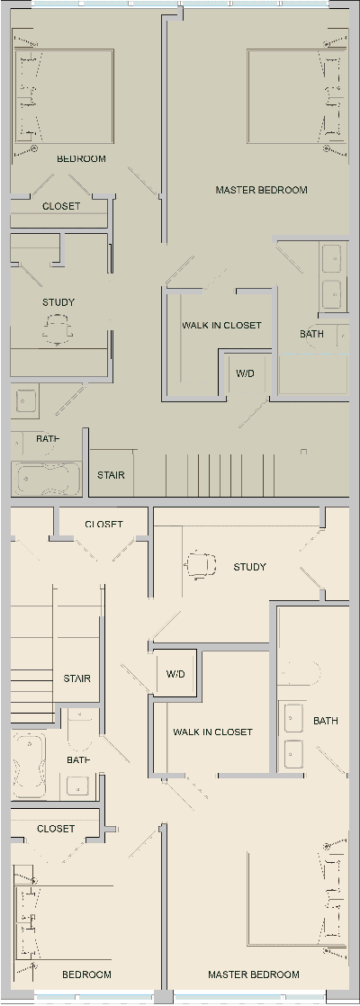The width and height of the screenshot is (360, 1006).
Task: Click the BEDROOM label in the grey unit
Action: coord(81,159)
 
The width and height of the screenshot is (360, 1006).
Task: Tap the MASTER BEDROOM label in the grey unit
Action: coord(261,190)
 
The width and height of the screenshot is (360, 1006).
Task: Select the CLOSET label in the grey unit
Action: coord(61,206)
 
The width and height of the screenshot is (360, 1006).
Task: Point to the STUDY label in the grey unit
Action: coord(58,302)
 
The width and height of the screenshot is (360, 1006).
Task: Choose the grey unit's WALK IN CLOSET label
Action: coord(221,326)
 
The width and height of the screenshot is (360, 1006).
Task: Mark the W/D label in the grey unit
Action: coord(245,373)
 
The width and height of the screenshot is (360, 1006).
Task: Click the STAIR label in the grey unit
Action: coord(111,475)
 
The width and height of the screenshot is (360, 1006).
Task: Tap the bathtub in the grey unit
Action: coord(48,478)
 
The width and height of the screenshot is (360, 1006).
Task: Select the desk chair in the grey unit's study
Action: coord(58,330)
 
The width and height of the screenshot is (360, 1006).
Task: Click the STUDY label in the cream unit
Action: coord(249,567)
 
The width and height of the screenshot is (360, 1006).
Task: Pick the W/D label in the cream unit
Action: coord(175,674)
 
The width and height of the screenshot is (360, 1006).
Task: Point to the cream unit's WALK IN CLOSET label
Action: coord(212,732)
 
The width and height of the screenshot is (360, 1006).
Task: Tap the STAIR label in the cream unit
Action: coord(76,678)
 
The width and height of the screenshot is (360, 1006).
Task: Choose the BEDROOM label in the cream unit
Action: coord(86,975)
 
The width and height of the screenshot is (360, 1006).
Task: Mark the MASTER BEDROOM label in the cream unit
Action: coord(253,975)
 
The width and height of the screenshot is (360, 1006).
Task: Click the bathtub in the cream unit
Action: coord(28,764)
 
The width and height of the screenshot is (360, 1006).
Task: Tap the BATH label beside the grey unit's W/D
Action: coord(311,334)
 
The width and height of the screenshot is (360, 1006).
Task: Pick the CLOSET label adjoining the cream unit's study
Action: coord(103,525)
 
